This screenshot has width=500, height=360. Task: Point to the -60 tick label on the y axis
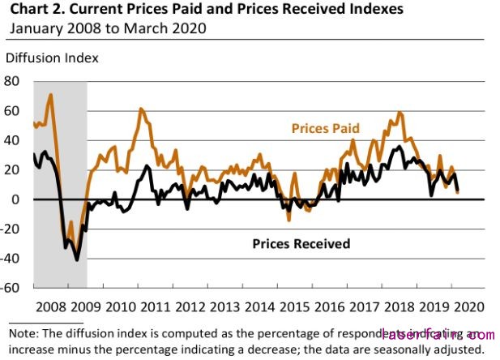coord(11,288)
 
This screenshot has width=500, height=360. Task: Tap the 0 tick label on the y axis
coord(16,199)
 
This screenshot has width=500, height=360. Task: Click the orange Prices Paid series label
coord(325,129)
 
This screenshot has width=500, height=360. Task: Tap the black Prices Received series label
coord(301,243)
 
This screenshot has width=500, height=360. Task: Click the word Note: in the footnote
coord(24,332)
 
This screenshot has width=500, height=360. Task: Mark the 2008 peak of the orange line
coord(51,95)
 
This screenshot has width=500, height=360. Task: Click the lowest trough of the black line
coord(77,259)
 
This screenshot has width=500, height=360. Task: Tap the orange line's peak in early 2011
coord(140,109)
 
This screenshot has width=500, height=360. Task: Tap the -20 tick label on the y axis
coord(11,229)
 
